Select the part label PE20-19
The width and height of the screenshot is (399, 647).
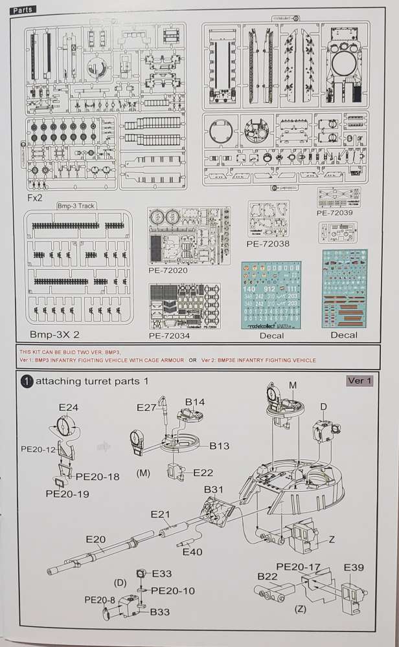click(67, 494)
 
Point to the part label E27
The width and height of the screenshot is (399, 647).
click(147, 406)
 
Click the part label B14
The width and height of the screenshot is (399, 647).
click(195, 402)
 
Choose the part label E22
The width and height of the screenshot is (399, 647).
click(203, 474)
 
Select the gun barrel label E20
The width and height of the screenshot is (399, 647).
click(95, 539)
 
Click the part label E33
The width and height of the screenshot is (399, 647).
click(162, 574)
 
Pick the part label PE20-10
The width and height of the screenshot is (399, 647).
click(173, 591)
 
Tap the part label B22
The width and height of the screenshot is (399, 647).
click(268, 576)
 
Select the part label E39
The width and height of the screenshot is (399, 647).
click(354, 567)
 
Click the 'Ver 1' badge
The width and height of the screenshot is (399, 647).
click(360, 380)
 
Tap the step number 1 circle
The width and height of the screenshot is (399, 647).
click(27, 382)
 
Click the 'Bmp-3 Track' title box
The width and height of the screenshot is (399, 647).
click(77, 205)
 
